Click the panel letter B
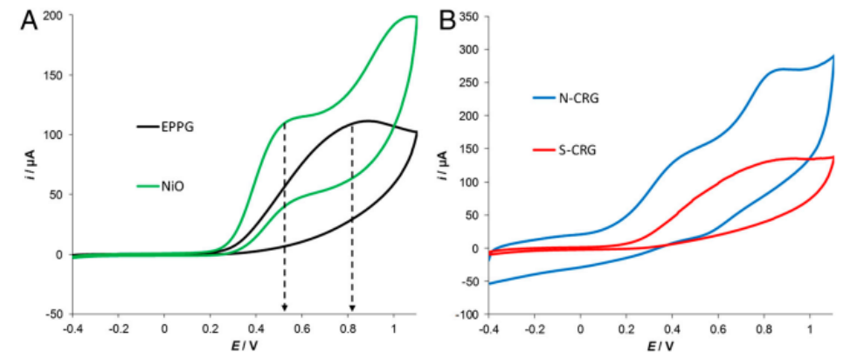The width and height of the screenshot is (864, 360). tap(447, 21)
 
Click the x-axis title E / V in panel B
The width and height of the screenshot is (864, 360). tap(661, 347)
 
